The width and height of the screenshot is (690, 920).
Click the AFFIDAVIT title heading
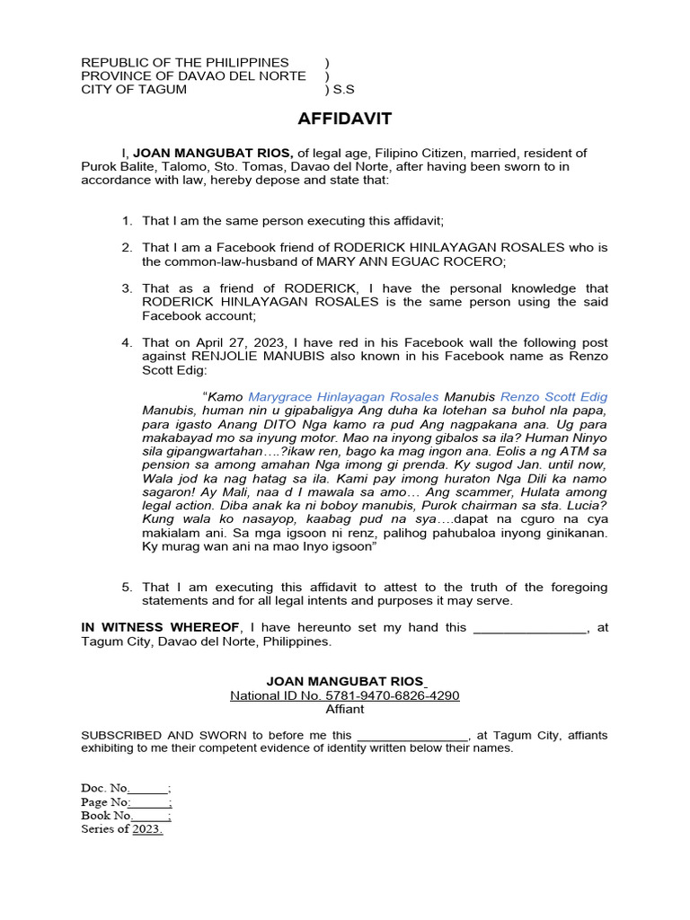tap(344, 119)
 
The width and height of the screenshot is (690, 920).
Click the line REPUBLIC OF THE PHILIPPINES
tap(185, 62)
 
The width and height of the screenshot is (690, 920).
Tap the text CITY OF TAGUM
tap(134, 89)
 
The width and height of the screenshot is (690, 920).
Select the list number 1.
tap(128, 220)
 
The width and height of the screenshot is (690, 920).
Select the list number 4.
tap(128, 342)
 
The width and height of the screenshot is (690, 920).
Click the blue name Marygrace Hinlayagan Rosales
tap(343, 396)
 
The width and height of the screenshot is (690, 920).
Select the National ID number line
tap(344, 695)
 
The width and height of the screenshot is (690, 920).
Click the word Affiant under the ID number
tap(344, 709)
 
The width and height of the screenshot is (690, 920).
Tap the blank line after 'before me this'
tap(412, 734)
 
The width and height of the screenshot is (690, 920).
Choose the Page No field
tap(127, 801)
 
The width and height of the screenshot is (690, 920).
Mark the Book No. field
tap(126, 815)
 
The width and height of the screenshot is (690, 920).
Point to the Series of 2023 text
tap(122, 828)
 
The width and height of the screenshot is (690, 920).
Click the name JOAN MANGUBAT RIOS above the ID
tap(344, 682)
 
